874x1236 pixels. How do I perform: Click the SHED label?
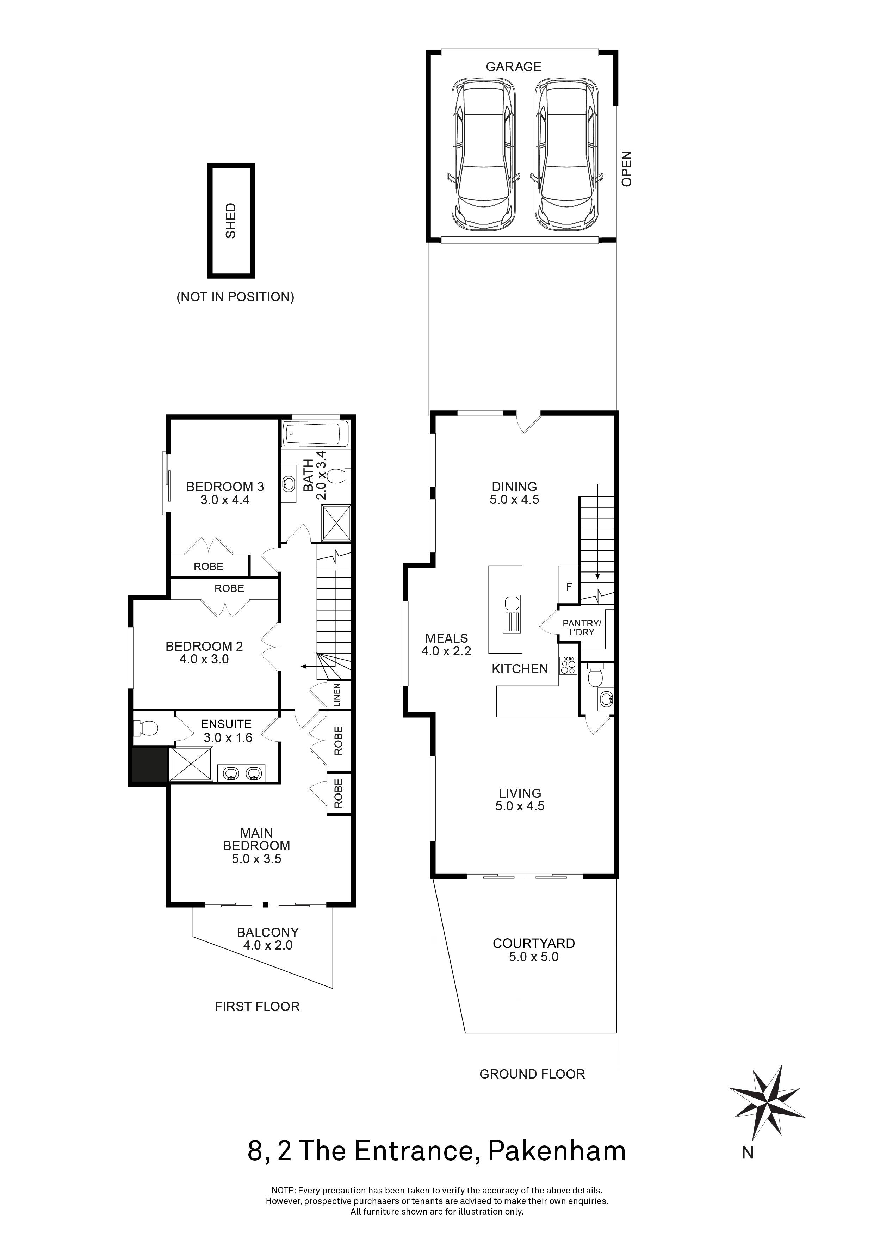click(x=231, y=221)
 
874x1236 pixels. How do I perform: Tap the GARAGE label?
click(x=513, y=67)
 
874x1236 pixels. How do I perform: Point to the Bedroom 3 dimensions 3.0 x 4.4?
click(x=225, y=500)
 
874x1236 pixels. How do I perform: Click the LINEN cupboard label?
click(x=338, y=695)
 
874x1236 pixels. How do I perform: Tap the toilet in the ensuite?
click(x=145, y=729)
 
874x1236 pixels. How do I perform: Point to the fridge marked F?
click(x=568, y=585)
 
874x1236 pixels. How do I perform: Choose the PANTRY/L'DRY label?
click(x=581, y=628)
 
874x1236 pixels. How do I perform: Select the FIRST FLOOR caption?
click(x=257, y=1007)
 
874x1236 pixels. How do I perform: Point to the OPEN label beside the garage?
click(x=626, y=168)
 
